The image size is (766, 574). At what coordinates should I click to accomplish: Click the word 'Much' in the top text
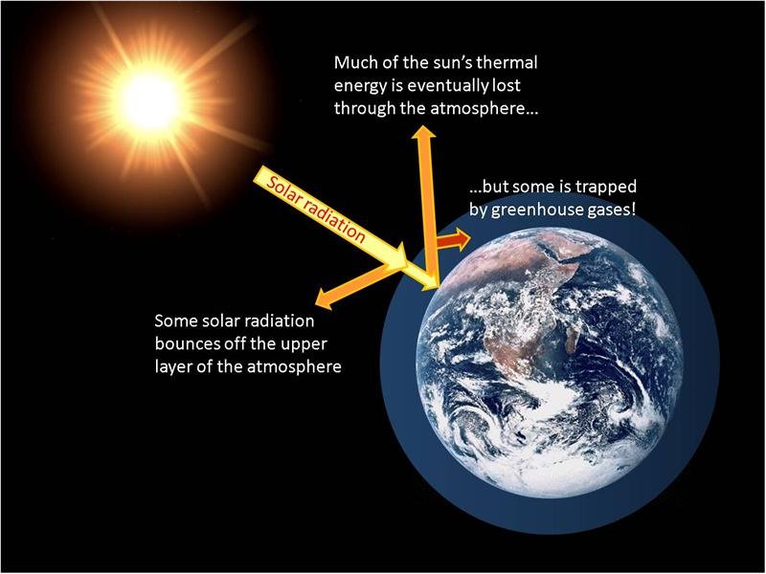pyautogui.click(x=355, y=63)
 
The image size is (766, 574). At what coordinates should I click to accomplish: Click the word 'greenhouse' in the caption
pyautogui.click(x=538, y=209)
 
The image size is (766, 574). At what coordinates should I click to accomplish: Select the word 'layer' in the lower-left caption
pyautogui.click(x=175, y=366)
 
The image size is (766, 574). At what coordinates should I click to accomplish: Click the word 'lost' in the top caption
pyautogui.click(x=520, y=86)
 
